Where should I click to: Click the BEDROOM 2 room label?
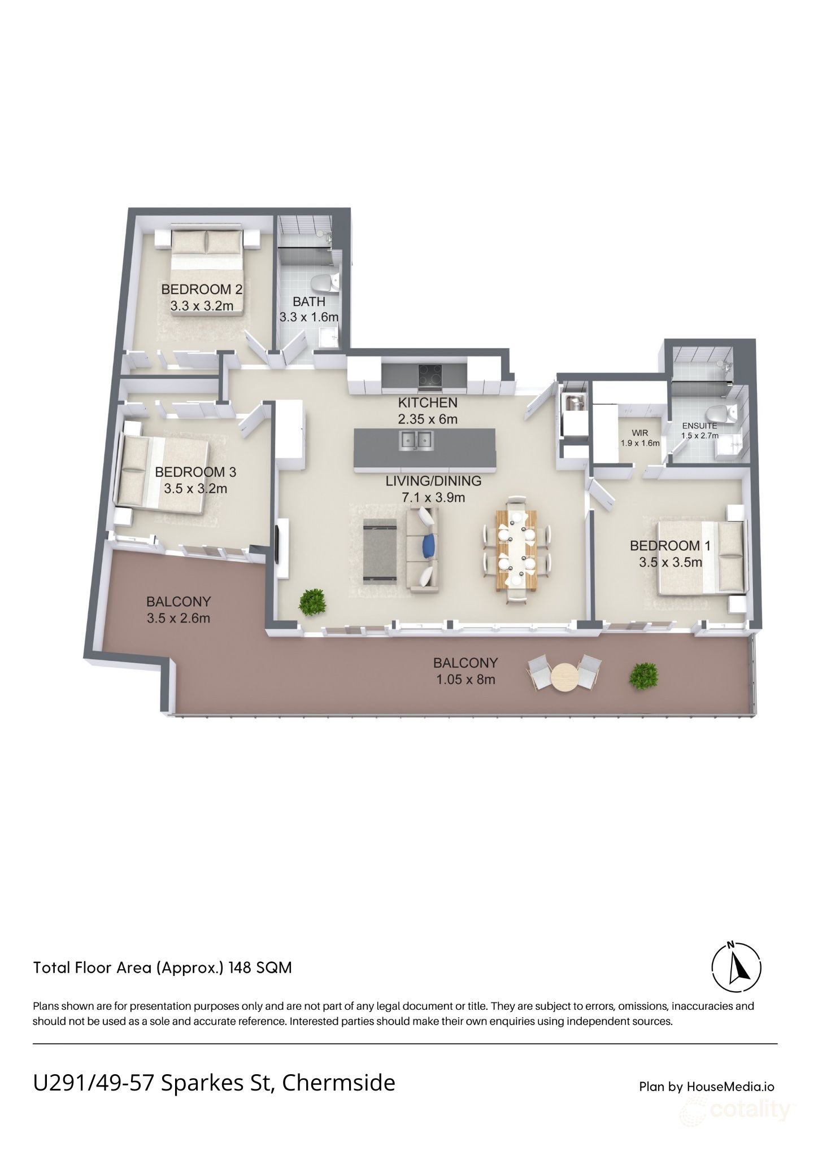pos(202,290)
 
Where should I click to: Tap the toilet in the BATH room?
pos(325,282)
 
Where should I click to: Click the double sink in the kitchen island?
pos(416,439)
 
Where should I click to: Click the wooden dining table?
pos(516,549)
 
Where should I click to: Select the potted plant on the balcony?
pos(645,675)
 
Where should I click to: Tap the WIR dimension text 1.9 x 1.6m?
pos(640,443)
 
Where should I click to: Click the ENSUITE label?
pos(699,426)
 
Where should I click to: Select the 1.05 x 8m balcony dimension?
pos(465,680)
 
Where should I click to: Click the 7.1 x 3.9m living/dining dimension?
pos(433,497)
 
